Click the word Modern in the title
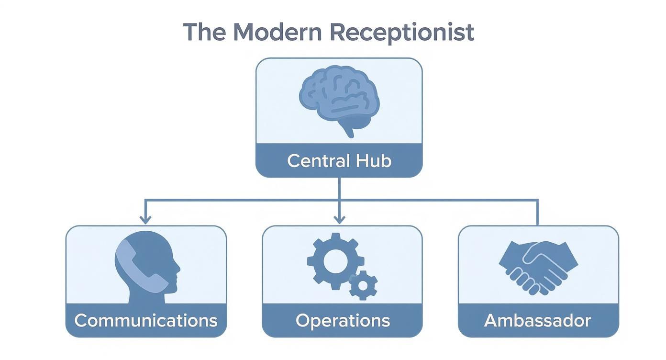pyautogui.click(x=277, y=32)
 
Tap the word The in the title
pyautogui.click(x=205, y=32)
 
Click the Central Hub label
pyautogui.click(x=339, y=161)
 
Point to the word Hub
pyautogui.click(x=373, y=161)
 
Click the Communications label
pyautogui.click(x=146, y=320)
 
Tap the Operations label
pyautogui.click(x=343, y=320)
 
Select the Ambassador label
pyautogui.click(x=537, y=320)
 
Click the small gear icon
pyautogui.click(x=363, y=285)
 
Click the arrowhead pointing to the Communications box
pyautogui.click(x=145, y=220)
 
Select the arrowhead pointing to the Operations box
pyautogui.click(x=339, y=220)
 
